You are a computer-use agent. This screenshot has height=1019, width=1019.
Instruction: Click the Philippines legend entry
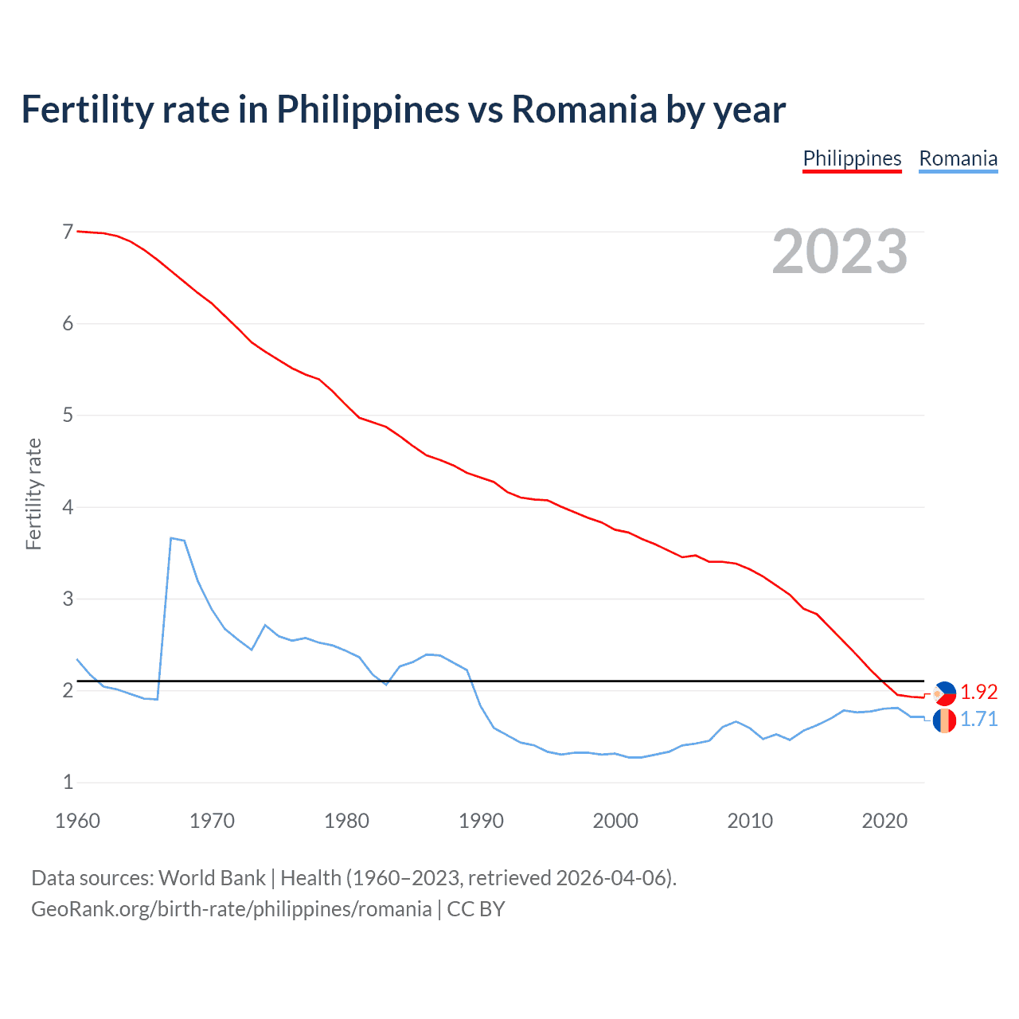click(852, 158)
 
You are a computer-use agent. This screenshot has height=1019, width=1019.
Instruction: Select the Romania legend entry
click(958, 158)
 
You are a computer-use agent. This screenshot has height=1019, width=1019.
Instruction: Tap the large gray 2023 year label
click(839, 252)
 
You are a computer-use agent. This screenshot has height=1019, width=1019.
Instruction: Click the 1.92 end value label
click(978, 692)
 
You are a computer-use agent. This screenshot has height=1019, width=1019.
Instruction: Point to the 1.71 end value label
click(978, 719)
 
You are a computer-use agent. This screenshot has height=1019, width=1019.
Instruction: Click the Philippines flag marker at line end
click(944, 693)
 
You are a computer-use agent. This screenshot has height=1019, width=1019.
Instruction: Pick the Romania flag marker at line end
click(944, 720)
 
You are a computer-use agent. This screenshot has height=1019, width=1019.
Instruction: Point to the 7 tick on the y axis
click(68, 232)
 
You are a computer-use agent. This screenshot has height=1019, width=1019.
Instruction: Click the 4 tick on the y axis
click(68, 507)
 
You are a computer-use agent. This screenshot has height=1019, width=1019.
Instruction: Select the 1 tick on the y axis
click(68, 783)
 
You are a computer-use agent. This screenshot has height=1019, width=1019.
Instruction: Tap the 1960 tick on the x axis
click(77, 821)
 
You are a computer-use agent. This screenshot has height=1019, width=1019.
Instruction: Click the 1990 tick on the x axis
click(481, 821)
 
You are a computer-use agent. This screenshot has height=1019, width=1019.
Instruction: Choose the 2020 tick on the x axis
click(884, 821)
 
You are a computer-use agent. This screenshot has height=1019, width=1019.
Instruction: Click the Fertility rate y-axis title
click(33, 494)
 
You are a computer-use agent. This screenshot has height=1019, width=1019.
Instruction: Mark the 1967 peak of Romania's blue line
click(171, 538)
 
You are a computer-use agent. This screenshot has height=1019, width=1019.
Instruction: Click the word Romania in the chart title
click(584, 109)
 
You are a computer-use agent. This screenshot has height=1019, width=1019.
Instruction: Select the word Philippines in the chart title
click(368, 109)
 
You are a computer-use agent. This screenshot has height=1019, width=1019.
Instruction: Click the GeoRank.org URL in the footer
click(231, 909)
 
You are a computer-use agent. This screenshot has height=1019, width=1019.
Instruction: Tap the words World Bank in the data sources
click(212, 878)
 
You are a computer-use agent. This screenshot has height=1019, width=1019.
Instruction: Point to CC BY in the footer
click(476, 909)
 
